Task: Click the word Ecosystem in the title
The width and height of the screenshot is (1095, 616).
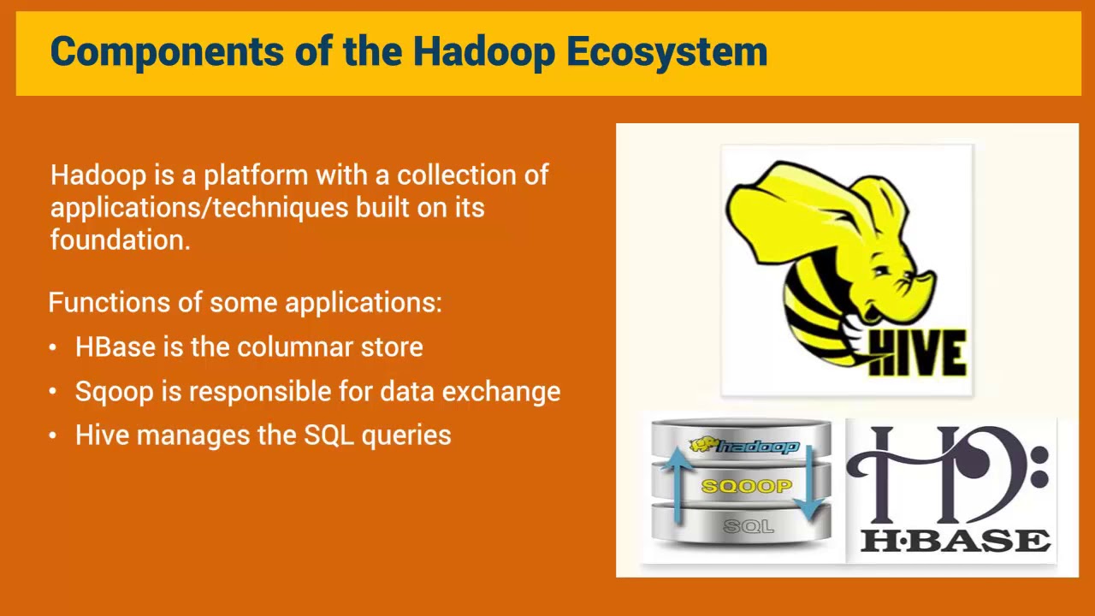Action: coord(666,52)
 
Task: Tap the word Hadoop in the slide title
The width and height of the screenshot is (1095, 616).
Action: coord(483,52)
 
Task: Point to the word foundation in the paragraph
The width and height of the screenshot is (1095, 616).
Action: coord(119,240)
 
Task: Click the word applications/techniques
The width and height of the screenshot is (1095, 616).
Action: coord(199,208)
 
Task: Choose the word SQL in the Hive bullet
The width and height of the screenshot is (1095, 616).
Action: coord(328,435)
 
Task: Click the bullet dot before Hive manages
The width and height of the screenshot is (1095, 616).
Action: coord(53,436)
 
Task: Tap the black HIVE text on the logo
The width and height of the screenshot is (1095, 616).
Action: coord(918,353)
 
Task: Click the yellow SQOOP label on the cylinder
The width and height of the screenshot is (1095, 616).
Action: coord(746,487)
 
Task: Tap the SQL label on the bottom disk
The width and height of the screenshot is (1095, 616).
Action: coord(748,526)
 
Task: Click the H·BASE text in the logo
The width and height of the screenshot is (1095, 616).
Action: coord(955,541)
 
